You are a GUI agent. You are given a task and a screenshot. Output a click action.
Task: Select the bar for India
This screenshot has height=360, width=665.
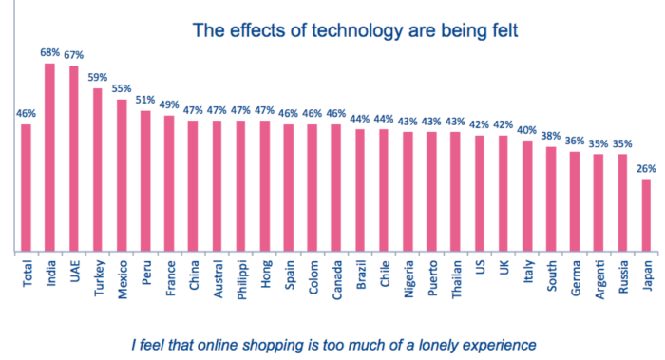[49, 158]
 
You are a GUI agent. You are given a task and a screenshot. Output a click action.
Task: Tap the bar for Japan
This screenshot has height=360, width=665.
[647, 216]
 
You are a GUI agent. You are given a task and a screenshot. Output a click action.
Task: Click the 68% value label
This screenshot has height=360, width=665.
[49, 53]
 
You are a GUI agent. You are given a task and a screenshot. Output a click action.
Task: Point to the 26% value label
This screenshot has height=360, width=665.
[647, 169]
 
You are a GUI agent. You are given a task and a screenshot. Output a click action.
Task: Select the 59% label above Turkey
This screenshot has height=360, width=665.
[97, 78]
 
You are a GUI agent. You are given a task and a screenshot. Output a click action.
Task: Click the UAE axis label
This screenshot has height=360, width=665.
[73, 275]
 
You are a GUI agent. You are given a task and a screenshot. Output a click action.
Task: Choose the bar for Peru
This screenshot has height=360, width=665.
[145, 181]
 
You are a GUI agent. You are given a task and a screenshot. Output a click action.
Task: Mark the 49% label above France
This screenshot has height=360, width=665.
[169, 105]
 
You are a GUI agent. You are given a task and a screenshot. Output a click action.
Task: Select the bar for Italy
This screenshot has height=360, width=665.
[528, 196]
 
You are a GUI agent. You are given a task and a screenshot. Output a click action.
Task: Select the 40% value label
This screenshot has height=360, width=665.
[528, 130]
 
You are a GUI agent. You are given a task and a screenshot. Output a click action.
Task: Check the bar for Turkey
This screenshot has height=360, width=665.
[97, 170]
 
